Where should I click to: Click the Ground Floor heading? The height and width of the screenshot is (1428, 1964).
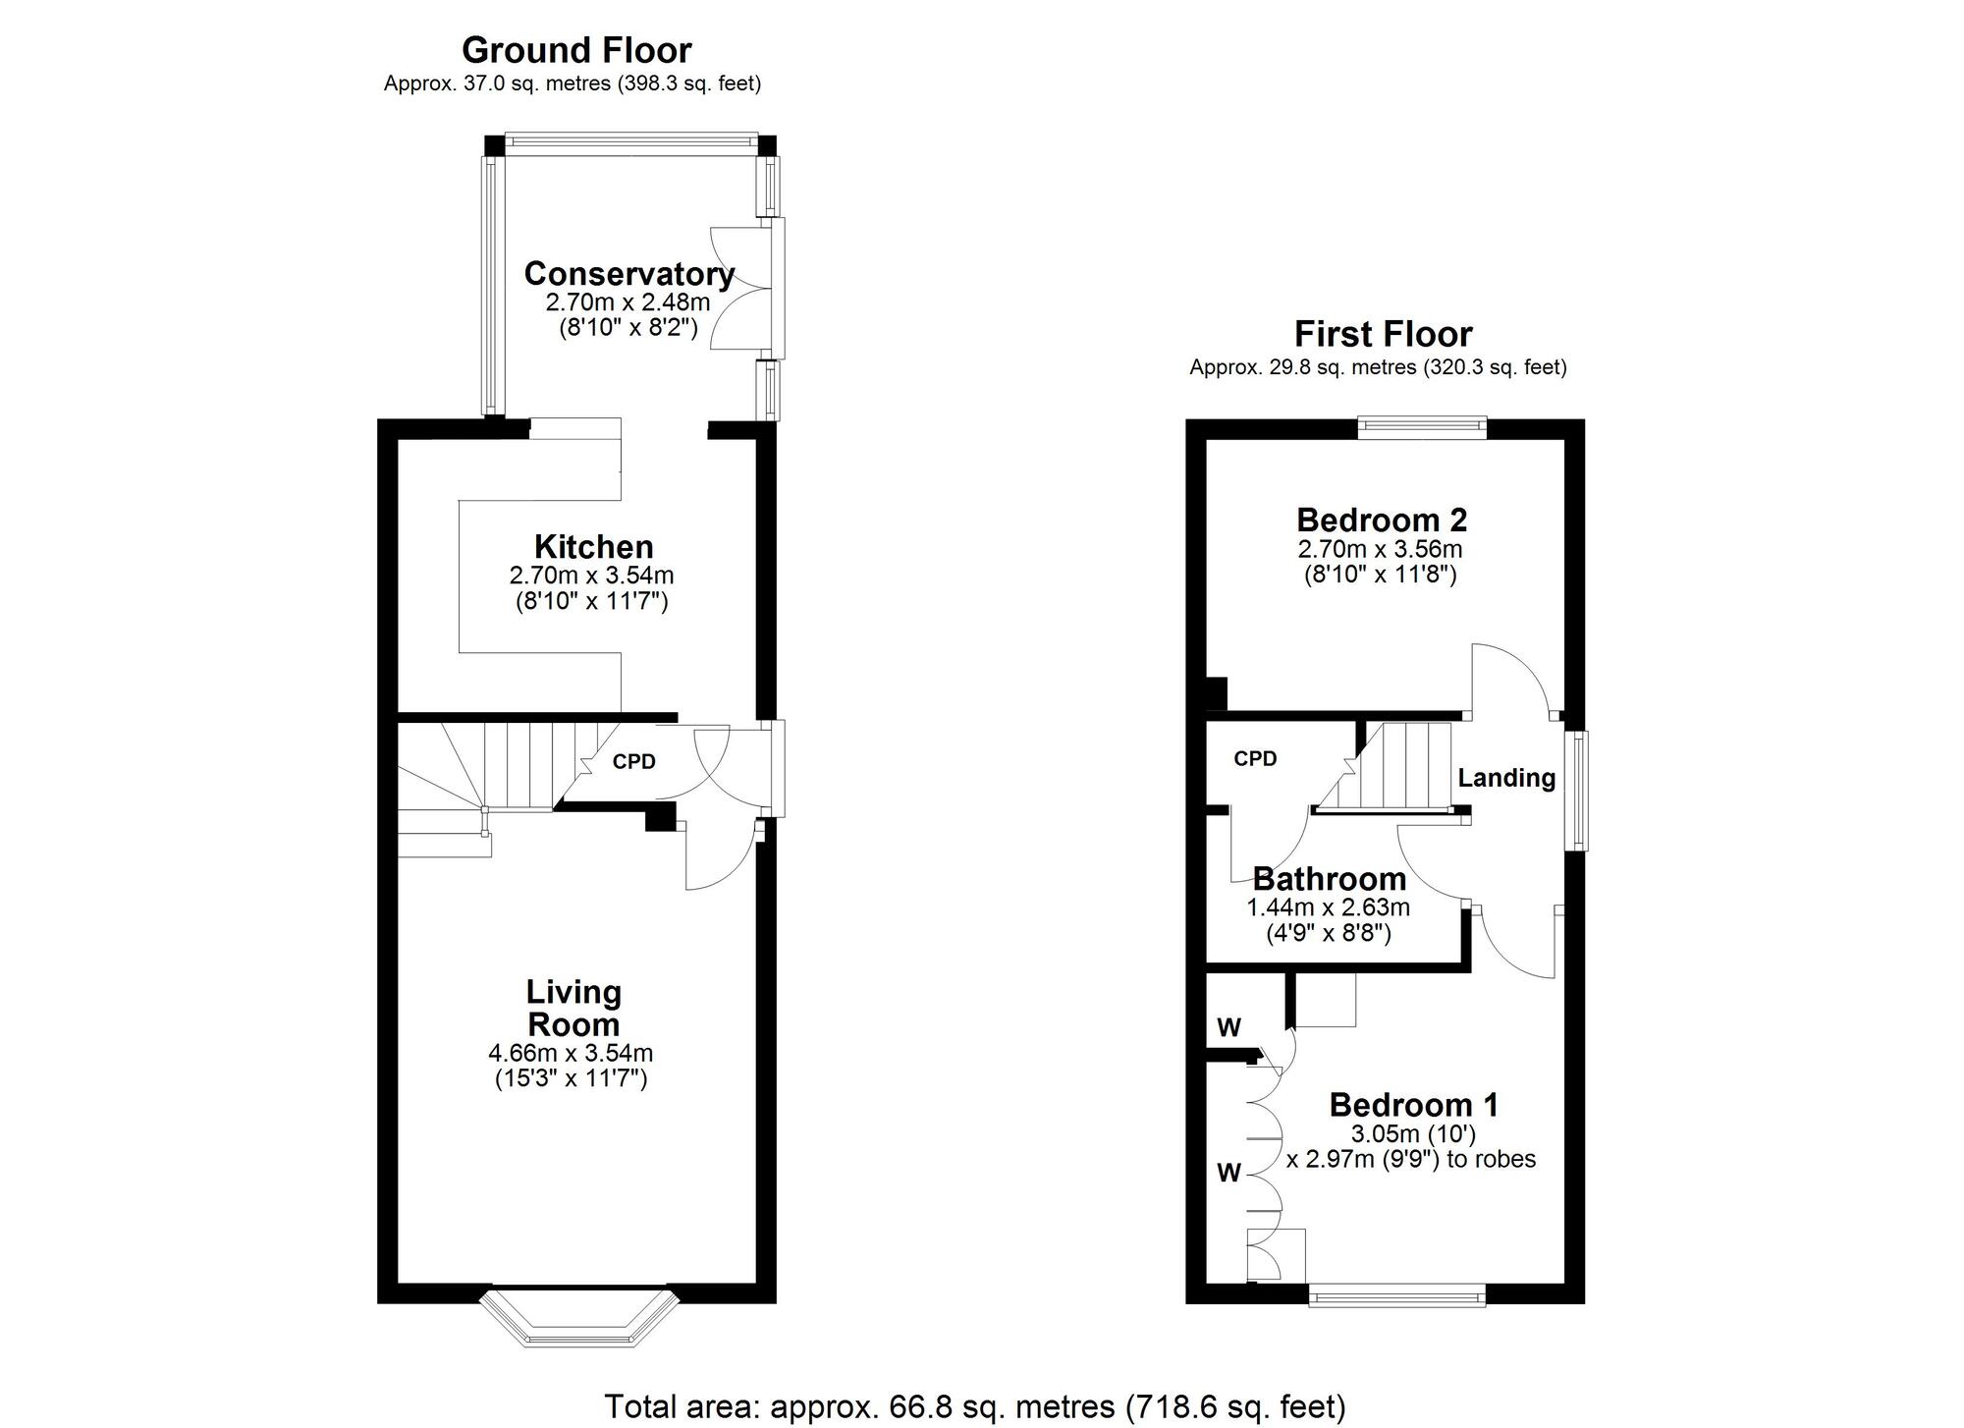576,50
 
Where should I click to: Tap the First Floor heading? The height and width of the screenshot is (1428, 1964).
1383,334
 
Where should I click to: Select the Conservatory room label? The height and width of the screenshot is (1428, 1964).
628,274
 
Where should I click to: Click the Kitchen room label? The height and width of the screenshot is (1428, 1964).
593,546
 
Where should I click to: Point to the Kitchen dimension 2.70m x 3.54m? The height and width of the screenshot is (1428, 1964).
591,575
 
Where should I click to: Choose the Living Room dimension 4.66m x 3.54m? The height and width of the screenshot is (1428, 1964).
571,1054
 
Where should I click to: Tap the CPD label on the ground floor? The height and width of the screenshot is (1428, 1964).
633,761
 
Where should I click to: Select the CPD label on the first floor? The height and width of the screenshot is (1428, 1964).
1255,758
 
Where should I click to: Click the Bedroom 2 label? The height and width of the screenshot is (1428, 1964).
1382,520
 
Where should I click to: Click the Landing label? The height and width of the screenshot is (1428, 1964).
1506,778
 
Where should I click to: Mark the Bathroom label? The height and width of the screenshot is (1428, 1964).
1330,879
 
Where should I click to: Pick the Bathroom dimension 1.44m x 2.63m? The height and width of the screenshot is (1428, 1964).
1328,907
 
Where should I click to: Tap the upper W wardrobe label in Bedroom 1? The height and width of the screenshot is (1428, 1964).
1228,1027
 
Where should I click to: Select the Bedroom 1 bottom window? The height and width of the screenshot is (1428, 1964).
1396,1297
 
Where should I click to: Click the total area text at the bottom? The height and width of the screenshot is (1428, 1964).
974,1406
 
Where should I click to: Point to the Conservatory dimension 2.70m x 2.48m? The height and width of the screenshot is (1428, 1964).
627,302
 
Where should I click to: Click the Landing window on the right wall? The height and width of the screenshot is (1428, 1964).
1577,790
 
